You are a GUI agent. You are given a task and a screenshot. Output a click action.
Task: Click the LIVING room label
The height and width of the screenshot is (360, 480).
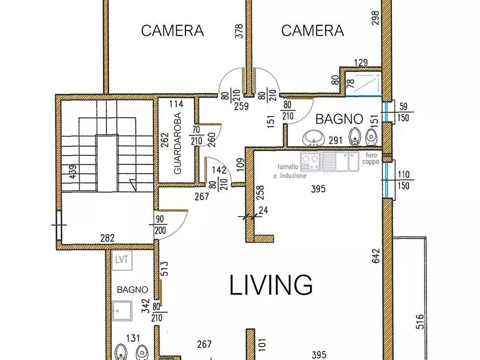tap(271, 285)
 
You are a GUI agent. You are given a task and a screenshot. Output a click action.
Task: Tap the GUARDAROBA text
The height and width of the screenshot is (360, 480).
tap(177, 143)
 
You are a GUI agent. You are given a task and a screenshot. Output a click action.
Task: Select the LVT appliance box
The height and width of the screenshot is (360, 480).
tap(122, 260)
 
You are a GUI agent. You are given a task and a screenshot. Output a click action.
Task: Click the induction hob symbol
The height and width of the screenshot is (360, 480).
tap(310, 162)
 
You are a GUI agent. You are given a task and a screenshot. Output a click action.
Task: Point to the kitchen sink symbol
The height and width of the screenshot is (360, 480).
tap(340, 162)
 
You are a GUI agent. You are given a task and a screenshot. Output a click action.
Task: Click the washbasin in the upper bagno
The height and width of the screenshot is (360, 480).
tap(313, 139)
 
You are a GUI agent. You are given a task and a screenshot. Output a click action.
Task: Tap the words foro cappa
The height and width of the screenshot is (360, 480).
tap(371, 159)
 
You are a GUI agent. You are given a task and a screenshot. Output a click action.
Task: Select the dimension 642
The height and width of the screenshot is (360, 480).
tap(376, 256)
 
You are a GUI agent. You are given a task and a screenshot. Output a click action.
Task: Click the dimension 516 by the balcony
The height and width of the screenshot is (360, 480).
tap(420, 322)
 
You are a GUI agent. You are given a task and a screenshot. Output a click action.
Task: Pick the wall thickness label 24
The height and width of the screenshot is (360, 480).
tap(263, 210)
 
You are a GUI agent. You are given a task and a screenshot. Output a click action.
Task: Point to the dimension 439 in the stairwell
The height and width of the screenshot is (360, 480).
tap(73, 172)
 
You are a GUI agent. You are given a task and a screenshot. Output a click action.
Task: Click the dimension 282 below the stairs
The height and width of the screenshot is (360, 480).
tap(108, 238)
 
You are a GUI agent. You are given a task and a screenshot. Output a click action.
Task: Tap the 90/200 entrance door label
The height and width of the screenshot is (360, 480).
tap(160, 225)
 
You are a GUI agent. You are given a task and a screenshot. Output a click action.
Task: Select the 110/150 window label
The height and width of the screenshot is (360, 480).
tap(404, 180)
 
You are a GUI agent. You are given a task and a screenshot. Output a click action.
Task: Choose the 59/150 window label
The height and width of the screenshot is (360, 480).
tap(404, 112)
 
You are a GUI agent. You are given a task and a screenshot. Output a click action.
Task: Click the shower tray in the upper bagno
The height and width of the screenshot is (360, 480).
tap(363, 84)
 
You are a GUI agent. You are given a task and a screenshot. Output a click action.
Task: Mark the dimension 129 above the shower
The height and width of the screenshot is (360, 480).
tap(361, 63)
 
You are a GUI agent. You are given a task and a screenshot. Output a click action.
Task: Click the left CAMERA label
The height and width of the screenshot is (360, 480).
tap(173, 31)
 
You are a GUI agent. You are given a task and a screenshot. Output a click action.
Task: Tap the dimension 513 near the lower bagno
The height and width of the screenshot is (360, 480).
tap(164, 269)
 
